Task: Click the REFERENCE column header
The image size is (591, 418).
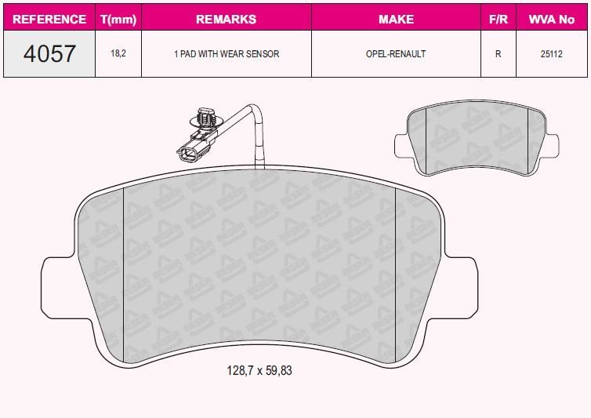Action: tap(49, 19)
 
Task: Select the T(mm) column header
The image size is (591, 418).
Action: tap(118, 19)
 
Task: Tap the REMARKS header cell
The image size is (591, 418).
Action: tap(227, 19)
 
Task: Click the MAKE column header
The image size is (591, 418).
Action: tap(396, 19)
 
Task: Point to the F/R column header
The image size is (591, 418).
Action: tap(499, 19)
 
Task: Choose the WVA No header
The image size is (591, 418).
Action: tap(552, 19)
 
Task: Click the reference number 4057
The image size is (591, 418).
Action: tap(49, 53)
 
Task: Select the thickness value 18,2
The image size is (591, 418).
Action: tap(118, 53)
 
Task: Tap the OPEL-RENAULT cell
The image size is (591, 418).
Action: tap(396, 54)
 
